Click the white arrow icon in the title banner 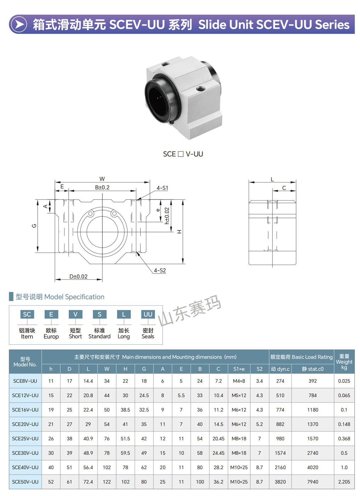coord(19,24)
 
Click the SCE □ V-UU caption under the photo coord(183,154)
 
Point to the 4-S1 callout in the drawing coord(162,188)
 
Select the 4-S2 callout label coord(160,270)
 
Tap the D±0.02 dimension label coord(78,276)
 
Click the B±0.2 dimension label coord(102,187)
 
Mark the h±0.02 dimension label coord(167,215)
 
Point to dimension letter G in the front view coord(34,226)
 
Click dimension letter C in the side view coord(284,188)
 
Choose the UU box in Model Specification coord(148,314)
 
